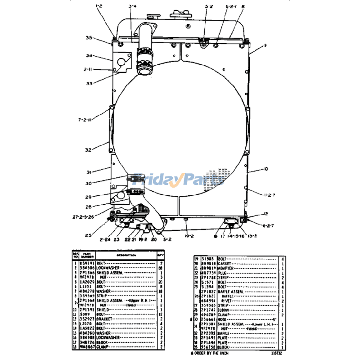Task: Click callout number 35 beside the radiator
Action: click(x=89, y=38)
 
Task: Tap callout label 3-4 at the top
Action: click(x=132, y=6)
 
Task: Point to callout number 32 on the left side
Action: click(x=88, y=150)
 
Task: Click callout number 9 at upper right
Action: click(x=265, y=45)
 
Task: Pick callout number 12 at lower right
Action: click(x=266, y=214)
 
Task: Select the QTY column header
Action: click(x=160, y=254)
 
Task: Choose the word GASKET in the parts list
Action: click(x=225, y=263)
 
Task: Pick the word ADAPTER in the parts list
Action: click(x=226, y=268)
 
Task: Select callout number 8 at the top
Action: click(x=243, y=6)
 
